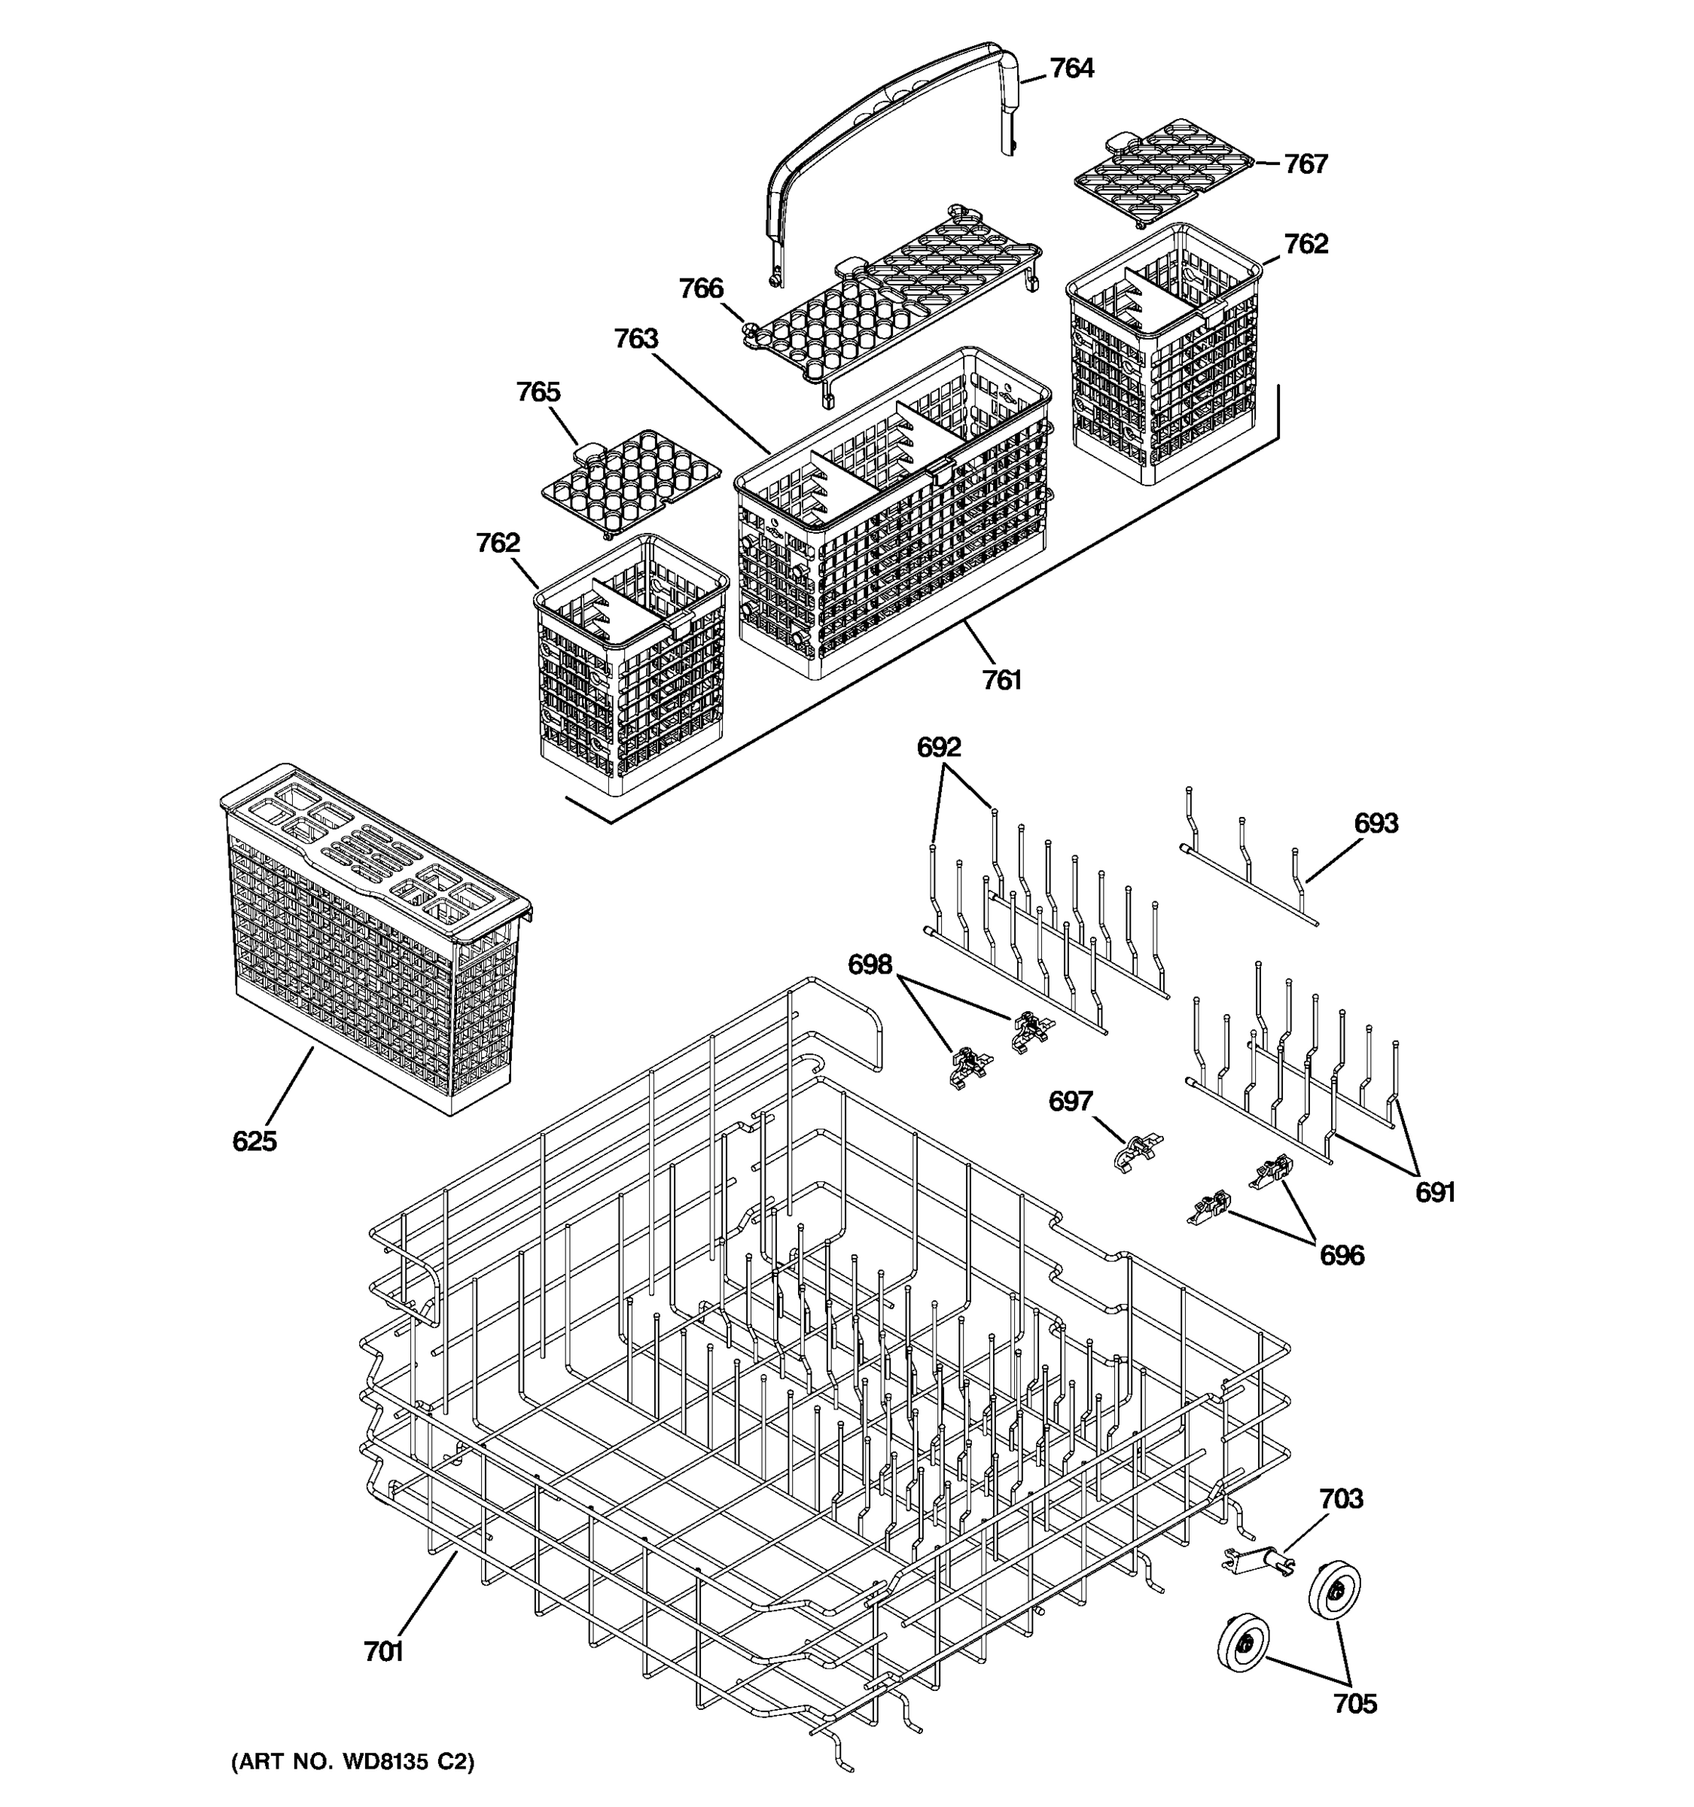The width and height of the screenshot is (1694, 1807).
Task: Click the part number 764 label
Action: tap(1071, 69)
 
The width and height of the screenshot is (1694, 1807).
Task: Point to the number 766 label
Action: tap(701, 289)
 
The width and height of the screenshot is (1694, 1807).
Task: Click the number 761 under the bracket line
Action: tap(1001, 680)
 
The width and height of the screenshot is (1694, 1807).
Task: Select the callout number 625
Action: tap(254, 1141)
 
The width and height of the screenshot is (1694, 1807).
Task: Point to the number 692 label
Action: tap(938, 747)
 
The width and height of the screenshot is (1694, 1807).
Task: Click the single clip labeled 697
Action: tap(1136, 1150)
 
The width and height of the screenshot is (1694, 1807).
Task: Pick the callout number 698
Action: tap(870, 964)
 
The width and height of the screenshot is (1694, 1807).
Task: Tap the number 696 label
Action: tap(1342, 1255)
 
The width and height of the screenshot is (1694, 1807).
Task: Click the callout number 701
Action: tap(382, 1652)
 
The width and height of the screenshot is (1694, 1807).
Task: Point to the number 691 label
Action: tap(1435, 1192)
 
